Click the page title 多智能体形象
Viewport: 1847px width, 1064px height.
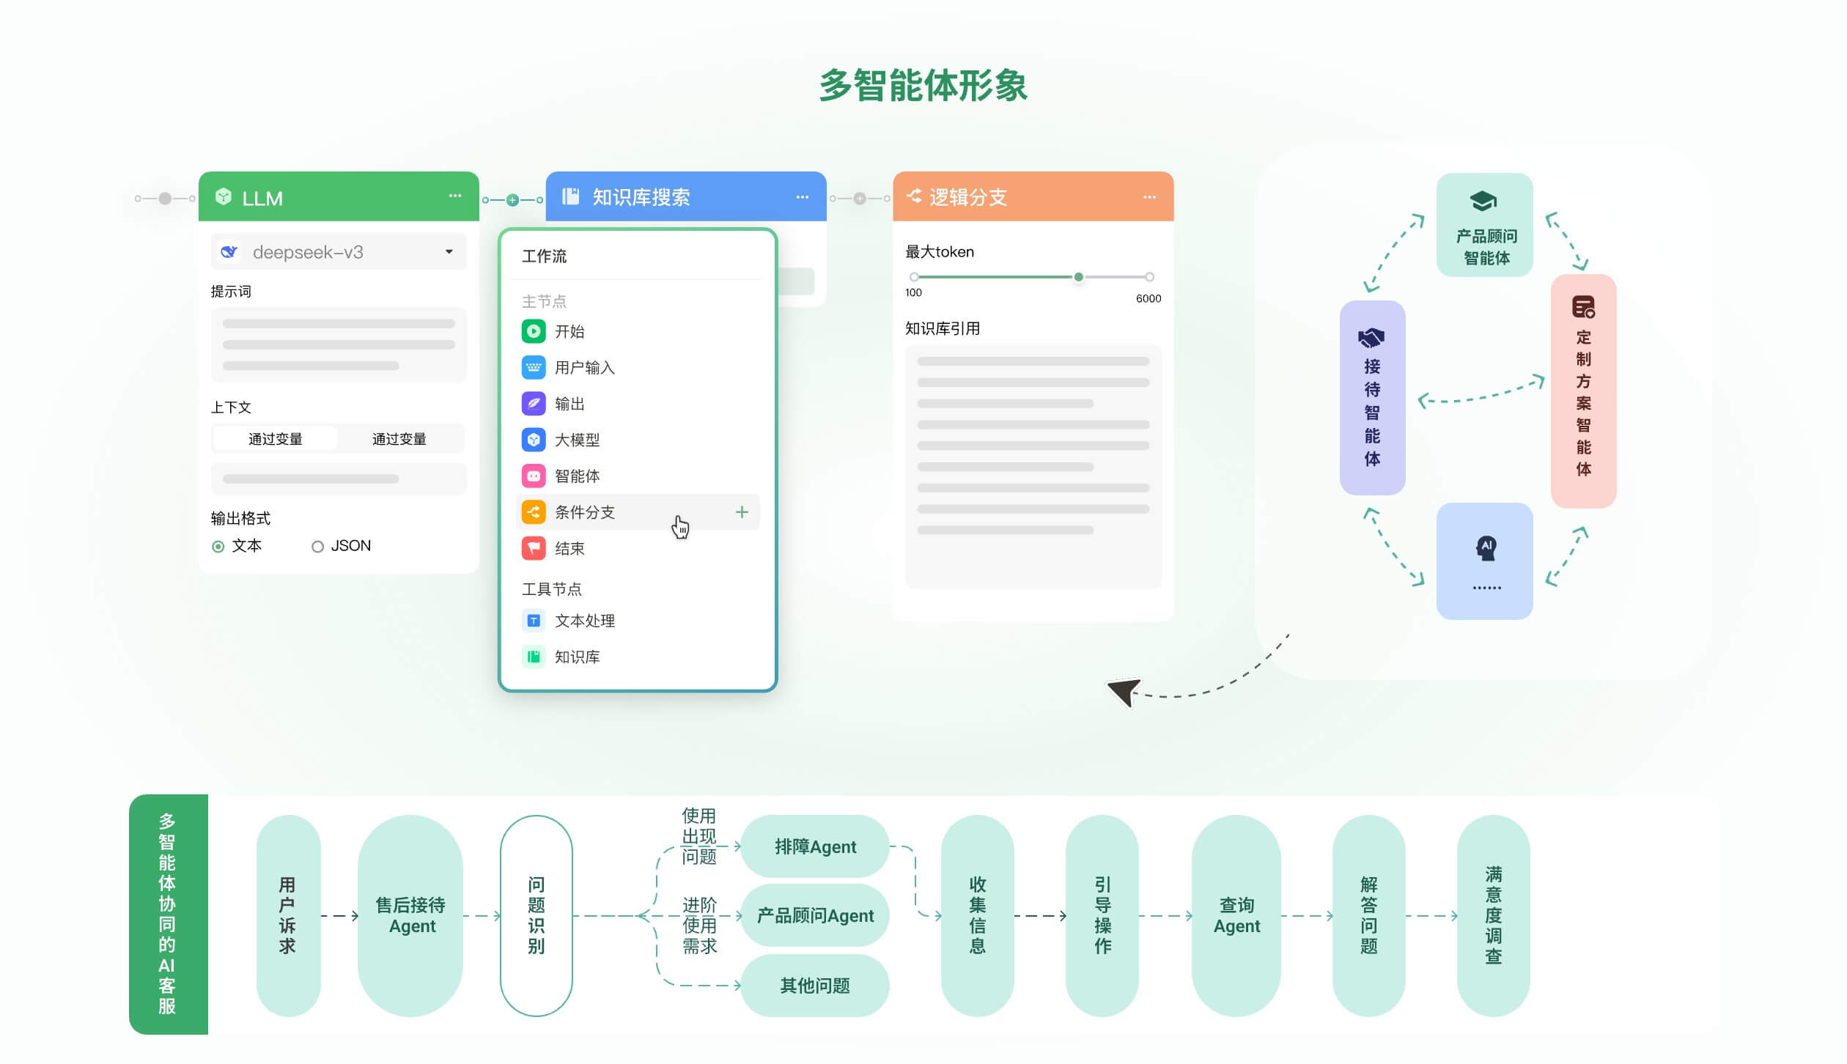[x=923, y=86]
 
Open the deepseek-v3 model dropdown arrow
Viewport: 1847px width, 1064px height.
[x=449, y=252]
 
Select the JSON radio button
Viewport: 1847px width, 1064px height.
[x=317, y=547]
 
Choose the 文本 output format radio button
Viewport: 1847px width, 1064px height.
[x=218, y=547]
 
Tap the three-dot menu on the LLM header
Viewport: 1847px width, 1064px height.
[x=455, y=196]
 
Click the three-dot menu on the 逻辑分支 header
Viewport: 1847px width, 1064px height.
[x=1149, y=197]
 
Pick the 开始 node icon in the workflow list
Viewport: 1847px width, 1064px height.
[x=534, y=331]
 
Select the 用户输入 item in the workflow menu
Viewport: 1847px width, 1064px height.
[x=584, y=367]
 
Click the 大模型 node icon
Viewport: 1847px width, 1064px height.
[x=534, y=440]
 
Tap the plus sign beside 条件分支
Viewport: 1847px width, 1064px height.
[x=742, y=512]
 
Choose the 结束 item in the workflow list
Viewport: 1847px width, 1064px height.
[x=569, y=548]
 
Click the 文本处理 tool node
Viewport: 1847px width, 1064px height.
[x=584, y=621]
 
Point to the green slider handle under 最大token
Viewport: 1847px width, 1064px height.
[x=1078, y=277]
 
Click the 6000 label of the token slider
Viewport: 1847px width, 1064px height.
[x=1148, y=298]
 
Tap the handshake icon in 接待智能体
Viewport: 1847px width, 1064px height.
[x=1371, y=338]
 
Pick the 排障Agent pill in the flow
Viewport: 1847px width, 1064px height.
[x=815, y=846]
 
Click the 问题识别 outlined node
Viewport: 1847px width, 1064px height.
[x=536, y=915]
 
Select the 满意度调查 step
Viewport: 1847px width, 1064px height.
[x=1493, y=915]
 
